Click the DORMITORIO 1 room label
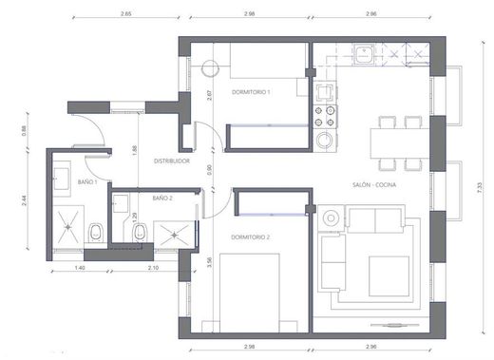tap(252, 92)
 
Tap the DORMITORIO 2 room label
tap(252, 237)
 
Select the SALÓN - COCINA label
tap(373, 184)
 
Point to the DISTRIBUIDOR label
tap(172, 161)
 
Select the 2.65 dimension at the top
tap(127, 15)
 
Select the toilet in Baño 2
tap(141, 232)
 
